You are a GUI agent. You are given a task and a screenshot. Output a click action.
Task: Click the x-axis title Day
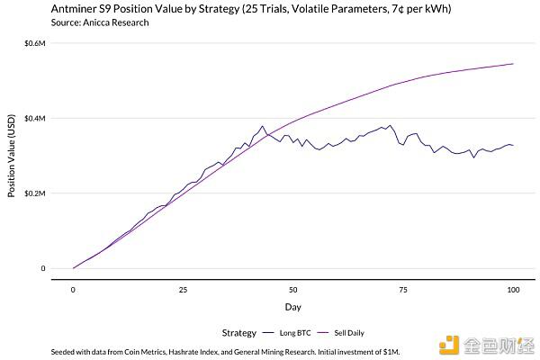293,307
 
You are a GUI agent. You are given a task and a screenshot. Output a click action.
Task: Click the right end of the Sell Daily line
513,64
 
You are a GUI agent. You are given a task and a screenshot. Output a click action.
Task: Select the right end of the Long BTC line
513,145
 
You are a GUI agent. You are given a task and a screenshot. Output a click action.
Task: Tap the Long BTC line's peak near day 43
262,126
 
